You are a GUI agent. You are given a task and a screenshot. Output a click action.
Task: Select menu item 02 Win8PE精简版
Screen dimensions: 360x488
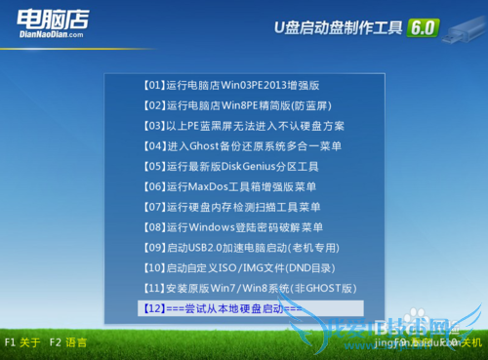(x=242, y=104)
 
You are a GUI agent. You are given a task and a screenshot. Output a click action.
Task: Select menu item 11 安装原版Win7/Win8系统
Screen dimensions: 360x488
(x=249, y=289)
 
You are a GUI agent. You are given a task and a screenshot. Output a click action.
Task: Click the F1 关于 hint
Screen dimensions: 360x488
(x=22, y=342)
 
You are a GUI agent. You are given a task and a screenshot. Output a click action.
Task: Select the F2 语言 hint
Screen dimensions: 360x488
(x=67, y=342)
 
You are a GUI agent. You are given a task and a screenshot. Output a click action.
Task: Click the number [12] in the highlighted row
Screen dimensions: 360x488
(x=154, y=308)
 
